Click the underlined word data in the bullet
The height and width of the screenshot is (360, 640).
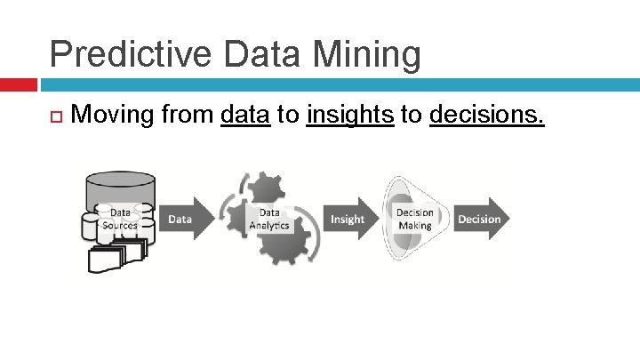[x=245, y=115]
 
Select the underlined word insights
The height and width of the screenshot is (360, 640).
[x=349, y=115]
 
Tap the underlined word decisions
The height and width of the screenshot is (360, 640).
[x=486, y=115]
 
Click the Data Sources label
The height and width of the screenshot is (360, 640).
[x=120, y=219]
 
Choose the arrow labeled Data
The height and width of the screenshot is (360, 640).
[x=183, y=219]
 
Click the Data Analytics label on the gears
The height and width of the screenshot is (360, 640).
[x=269, y=219]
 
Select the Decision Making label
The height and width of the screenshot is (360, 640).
[x=414, y=219]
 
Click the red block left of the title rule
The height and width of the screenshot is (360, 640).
[x=18, y=84]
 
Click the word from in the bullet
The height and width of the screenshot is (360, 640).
[x=189, y=115]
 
